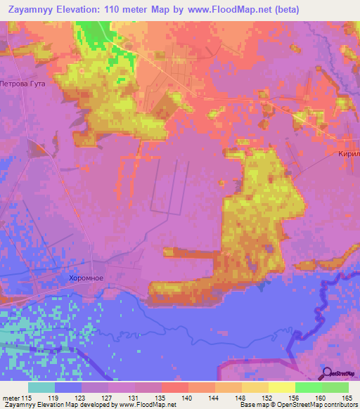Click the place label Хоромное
pyautogui.click(x=86, y=278)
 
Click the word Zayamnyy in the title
pyautogui.click(x=32, y=9)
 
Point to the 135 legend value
pyautogui.click(x=161, y=398)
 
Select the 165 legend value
pyautogui.click(x=347, y=398)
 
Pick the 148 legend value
pyautogui.click(x=241, y=398)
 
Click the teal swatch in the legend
pyautogui.click(x=41, y=387)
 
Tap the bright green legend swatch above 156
pyautogui.click(x=308, y=387)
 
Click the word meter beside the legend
pyautogui.click(x=11, y=398)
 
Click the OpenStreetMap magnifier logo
pyautogui.click(x=327, y=374)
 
